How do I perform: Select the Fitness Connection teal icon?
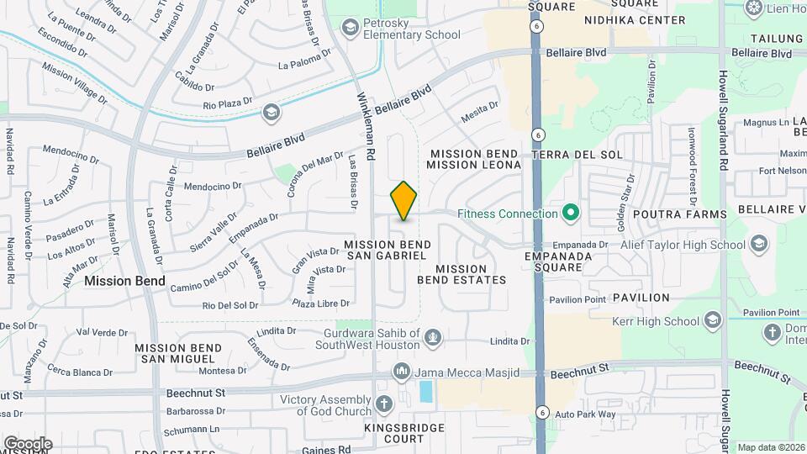click(x=571, y=214)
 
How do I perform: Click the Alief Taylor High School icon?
click(x=759, y=245)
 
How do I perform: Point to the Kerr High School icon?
click(x=713, y=321)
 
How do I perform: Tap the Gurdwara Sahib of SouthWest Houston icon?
click(x=433, y=338)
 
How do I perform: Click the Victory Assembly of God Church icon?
click(x=384, y=404)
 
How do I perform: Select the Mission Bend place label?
click(x=124, y=282)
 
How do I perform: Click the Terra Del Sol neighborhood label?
click(x=578, y=155)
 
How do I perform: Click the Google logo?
click(x=27, y=444)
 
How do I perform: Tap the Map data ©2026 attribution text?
click(x=771, y=447)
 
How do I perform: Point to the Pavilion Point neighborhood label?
click(x=577, y=299)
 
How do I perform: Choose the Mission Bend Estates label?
click(x=462, y=274)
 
